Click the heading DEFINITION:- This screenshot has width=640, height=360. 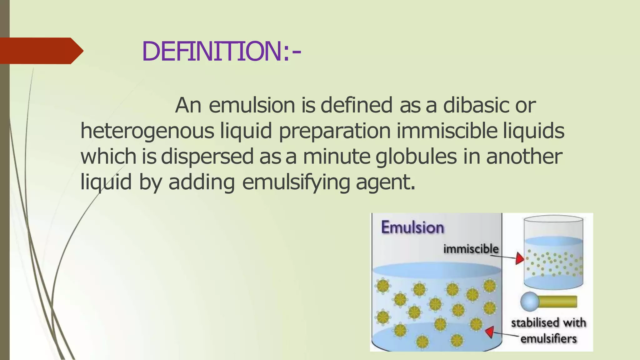pos(221,51)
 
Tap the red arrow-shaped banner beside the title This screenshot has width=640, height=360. pos(41,51)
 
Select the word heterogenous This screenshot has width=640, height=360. pos(147,131)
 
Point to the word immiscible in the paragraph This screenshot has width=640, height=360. pos(447,131)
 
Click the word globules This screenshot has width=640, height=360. pos(416,157)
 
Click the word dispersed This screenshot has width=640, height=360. pos(207,157)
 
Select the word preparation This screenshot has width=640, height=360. pos(334,132)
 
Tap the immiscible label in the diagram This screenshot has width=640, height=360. pos(471,249)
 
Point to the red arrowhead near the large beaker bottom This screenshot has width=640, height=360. pos(490,332)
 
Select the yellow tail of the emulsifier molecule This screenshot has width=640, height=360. pos(558,302)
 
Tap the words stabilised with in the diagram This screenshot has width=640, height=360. pos(548,323)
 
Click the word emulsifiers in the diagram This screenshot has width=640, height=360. pos(548,339)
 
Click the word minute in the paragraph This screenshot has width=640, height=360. pos(337,157)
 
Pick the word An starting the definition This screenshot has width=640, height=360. pos(188,105)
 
